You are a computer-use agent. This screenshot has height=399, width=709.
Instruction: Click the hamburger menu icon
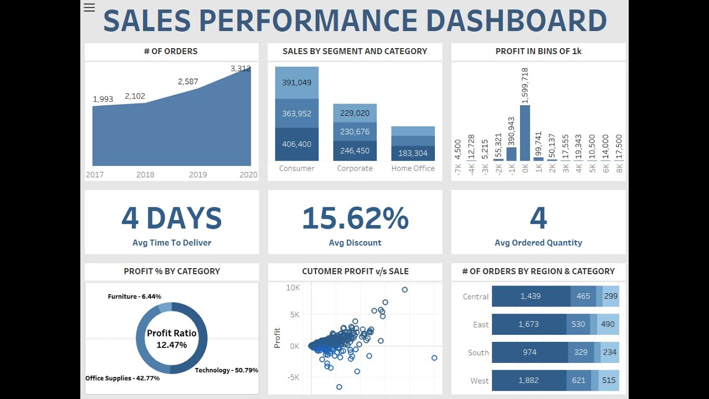(x=89, y=7)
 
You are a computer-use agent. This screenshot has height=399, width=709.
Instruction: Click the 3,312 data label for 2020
(x=240, y=69)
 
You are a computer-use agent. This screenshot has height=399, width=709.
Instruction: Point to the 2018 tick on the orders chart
(x=145, y=175)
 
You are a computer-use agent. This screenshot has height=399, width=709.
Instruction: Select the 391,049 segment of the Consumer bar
(x=297, y=83)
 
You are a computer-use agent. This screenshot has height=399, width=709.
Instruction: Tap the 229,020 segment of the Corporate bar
(x=354, y=113)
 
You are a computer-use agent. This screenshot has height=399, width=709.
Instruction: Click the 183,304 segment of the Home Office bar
(x=413, y=154)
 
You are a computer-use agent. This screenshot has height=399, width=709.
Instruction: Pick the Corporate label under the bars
(x=354, y=168)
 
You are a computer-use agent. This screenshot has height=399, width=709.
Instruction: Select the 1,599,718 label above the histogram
(x=525, y=85)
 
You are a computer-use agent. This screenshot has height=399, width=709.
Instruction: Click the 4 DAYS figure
(x=172, y=218)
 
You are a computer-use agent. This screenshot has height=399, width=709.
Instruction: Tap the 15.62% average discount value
(x=355, y=218)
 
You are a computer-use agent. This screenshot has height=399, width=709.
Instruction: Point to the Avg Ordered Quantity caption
(x=538, y=243)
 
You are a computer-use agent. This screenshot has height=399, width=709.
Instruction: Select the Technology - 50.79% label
(x=226, y=370)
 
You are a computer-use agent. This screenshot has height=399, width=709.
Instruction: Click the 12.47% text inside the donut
(x=171, y=345)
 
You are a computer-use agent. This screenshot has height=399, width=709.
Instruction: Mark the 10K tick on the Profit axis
(x=292, y=288)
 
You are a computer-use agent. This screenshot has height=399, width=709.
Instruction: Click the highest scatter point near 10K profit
(x=405, y=290)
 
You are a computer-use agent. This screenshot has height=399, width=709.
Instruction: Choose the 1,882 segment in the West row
(x=528, y=380)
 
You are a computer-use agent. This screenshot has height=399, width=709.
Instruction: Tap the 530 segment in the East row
(x=578, y=324)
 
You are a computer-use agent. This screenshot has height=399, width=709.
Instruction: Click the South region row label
(x=478, y=352)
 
